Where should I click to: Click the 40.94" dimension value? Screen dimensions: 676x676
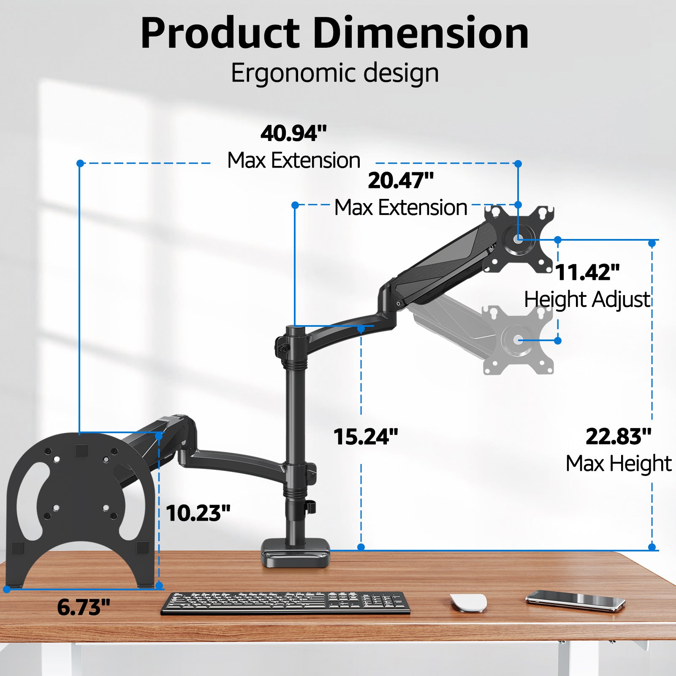point(293,133)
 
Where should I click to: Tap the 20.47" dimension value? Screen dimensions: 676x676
point(401,181)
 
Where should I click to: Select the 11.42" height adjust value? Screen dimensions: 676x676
point(587,272)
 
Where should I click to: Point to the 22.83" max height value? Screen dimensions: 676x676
point(618,437)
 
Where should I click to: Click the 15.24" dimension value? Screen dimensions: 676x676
point(366,437)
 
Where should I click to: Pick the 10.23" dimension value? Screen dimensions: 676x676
point(198,513)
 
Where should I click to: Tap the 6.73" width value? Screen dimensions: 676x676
point(84,607)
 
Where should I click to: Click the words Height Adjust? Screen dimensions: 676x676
point(587,300)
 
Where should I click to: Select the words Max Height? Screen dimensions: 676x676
point(619,464)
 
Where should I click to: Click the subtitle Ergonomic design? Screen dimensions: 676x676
point(334,73)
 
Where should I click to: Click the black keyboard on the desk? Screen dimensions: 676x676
point(285,602)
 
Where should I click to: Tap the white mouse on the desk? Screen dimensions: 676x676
point(468,602)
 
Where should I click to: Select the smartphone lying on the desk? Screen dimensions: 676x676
point(575,600)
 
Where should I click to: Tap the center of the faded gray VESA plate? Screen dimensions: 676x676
point(518,340)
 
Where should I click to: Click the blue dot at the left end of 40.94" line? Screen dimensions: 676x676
point(80,163)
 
